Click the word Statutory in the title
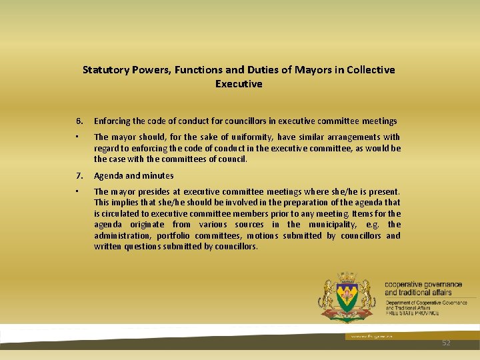tap(105, 69)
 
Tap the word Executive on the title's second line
tap(239, 84)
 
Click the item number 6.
tap(79, 121)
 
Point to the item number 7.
tap(79, 176)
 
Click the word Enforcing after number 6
tap(113, 121)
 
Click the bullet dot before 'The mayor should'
tap(78, 136)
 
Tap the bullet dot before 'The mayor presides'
tap(78, 191)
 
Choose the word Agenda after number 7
tap(109, 176)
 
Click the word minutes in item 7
tap(158, 176)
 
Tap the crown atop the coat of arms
tap(347, 277)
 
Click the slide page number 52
tap(446, 343)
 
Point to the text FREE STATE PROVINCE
tap(412, 313)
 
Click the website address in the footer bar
tap(364, 337)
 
